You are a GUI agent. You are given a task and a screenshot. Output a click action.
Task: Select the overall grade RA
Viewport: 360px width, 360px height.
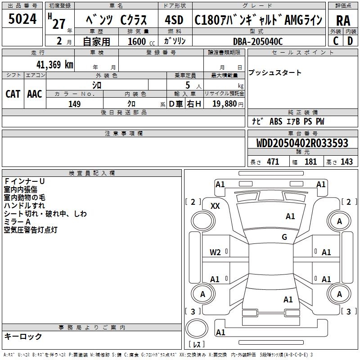click(343, 20)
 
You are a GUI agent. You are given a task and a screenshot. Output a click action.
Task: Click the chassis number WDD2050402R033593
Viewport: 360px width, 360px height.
click(302, 143)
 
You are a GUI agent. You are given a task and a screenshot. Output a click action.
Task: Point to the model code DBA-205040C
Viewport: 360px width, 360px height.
click(258, 41)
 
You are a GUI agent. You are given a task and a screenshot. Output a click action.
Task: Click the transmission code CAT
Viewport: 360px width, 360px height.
click(13, 94)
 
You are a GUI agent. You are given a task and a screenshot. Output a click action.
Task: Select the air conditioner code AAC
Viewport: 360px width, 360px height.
click(35, 94)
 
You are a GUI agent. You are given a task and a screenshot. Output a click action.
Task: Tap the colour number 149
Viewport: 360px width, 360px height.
click(74, 104)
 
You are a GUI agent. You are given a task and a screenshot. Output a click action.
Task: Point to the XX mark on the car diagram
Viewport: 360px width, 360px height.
click(215, 206)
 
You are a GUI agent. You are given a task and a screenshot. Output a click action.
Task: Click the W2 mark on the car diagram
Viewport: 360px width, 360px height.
click(215, 252)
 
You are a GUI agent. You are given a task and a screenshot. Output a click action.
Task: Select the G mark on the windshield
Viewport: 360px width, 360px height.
click(284, 237)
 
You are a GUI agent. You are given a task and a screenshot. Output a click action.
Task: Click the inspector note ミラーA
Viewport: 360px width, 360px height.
click(17, 222)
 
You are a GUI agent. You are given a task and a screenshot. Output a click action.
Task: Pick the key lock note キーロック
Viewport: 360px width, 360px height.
click(23, 336)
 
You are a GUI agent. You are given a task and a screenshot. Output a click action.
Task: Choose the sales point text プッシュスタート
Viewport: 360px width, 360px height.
click(275, 73)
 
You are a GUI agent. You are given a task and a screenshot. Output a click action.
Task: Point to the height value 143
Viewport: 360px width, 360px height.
click(346, 162)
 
